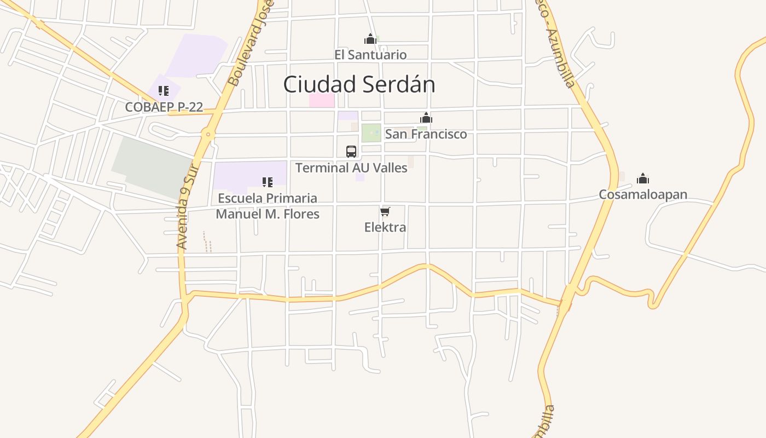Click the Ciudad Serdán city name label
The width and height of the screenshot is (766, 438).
pyautogui.click(x=359, y=84)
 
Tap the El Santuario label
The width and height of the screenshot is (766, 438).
pyautogui.click(x=370, y=55)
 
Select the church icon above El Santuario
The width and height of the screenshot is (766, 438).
pyautogui.click(x=370, y=39)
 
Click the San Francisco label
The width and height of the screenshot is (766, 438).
pyautogui.click(x=426, y=134)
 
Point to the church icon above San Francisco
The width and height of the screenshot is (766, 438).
pyautogui.click(x=426, y=118)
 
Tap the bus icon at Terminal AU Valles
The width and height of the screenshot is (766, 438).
pyautogui.click(x=351, y=152)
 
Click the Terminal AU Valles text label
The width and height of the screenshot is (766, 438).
pyautogui.click(x=351, y=168)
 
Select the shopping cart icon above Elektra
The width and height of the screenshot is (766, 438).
pyautogui.click(x=385, y=211)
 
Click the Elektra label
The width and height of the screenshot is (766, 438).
pyautogui.click(x=385, y=227)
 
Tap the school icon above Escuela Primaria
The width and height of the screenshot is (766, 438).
pyautogui.click(x=268, y=182)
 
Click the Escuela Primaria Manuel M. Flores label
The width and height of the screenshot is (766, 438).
pyautogui.click(x=268, y=206)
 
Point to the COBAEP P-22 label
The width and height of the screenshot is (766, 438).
pyautogui.click(x=164, y=107)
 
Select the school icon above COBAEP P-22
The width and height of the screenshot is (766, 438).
pyautogui.click(x=164, y=91)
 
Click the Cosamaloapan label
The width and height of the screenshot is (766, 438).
pyautogui.click(x=643, y=194)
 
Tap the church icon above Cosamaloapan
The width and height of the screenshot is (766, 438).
pyautogui.click(x=643, y=178)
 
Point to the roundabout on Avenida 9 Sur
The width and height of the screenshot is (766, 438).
pyautogui.click(x=208, y=134)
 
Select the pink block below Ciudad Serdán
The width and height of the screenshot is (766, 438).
pyautogui.click(x=322, y=100)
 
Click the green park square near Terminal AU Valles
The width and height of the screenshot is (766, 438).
pyautogui.click(x=372, y=132)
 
